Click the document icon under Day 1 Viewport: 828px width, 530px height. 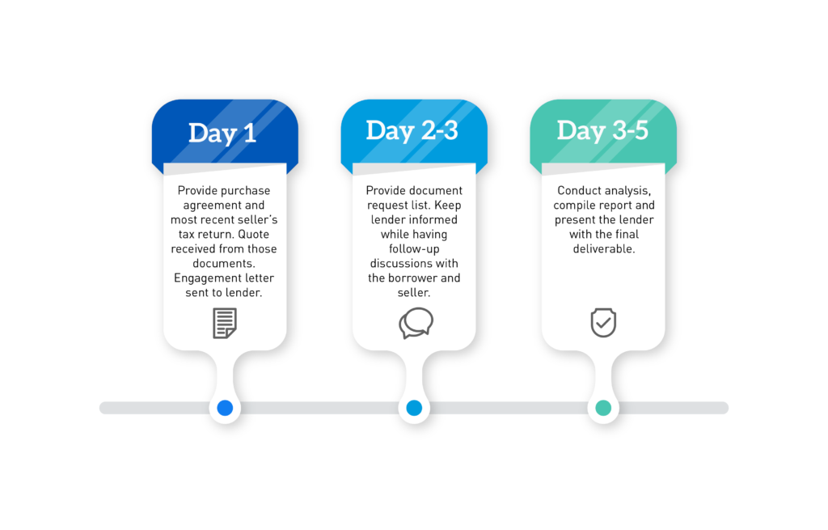point(225,323)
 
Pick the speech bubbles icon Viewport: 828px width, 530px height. point(416,323)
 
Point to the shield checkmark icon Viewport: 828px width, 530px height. point(603,322)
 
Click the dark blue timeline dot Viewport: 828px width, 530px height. point(225,409)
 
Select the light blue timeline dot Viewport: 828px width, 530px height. point(414,409)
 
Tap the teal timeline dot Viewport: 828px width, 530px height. point(603,409)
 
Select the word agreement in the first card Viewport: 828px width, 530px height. point(204,206)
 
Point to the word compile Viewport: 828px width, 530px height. point(576,206)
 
